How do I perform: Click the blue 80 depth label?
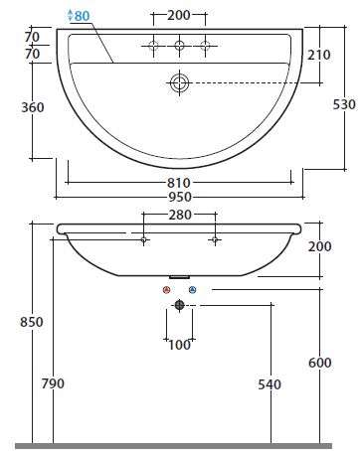(x=82, y=16)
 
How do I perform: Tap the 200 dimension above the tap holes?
(x=179, y=15)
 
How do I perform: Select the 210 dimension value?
(x=318, y=55)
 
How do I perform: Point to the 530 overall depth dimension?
(x=344, y=104)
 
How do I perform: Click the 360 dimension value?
(x=33, y=107)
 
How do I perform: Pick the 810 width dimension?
(x=179, y=183)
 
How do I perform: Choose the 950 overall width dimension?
(x=180, y=197)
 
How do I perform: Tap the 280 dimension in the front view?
(x=180, y=215)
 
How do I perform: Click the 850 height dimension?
(x=32, y=322)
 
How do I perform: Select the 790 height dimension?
(x=53, y=383)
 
